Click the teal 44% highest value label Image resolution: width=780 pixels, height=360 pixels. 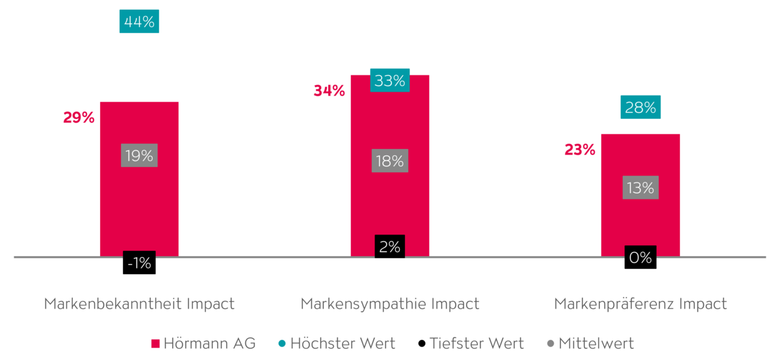coord(139,21)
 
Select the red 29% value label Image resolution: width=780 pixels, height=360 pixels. coord(79,118)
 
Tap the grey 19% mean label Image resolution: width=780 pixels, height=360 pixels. coord(139,156)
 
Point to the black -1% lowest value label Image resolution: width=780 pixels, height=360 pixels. coord(139,263)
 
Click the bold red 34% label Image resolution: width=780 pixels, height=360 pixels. coord(329,91)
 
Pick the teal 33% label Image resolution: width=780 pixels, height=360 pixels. coord(390,81)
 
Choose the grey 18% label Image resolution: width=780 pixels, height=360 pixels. coord(390,161)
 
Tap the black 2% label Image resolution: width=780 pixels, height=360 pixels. coord(390,246)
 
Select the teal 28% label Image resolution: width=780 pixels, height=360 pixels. coord(640,108)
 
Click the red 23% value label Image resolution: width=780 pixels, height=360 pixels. coord(580,149)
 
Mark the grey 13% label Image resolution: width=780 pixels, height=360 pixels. coord(640,188)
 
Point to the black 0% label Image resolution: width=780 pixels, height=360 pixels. coord(640,257)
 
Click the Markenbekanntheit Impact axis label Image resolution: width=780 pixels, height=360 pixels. coord(139,304)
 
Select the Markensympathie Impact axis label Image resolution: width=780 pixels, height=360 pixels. coord(390,304)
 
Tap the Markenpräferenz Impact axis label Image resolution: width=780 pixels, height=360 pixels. coord(640,304)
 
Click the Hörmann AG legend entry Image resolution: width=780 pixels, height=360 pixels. coord(203,343)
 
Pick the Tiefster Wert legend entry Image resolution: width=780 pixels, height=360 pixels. coord(471,343)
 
